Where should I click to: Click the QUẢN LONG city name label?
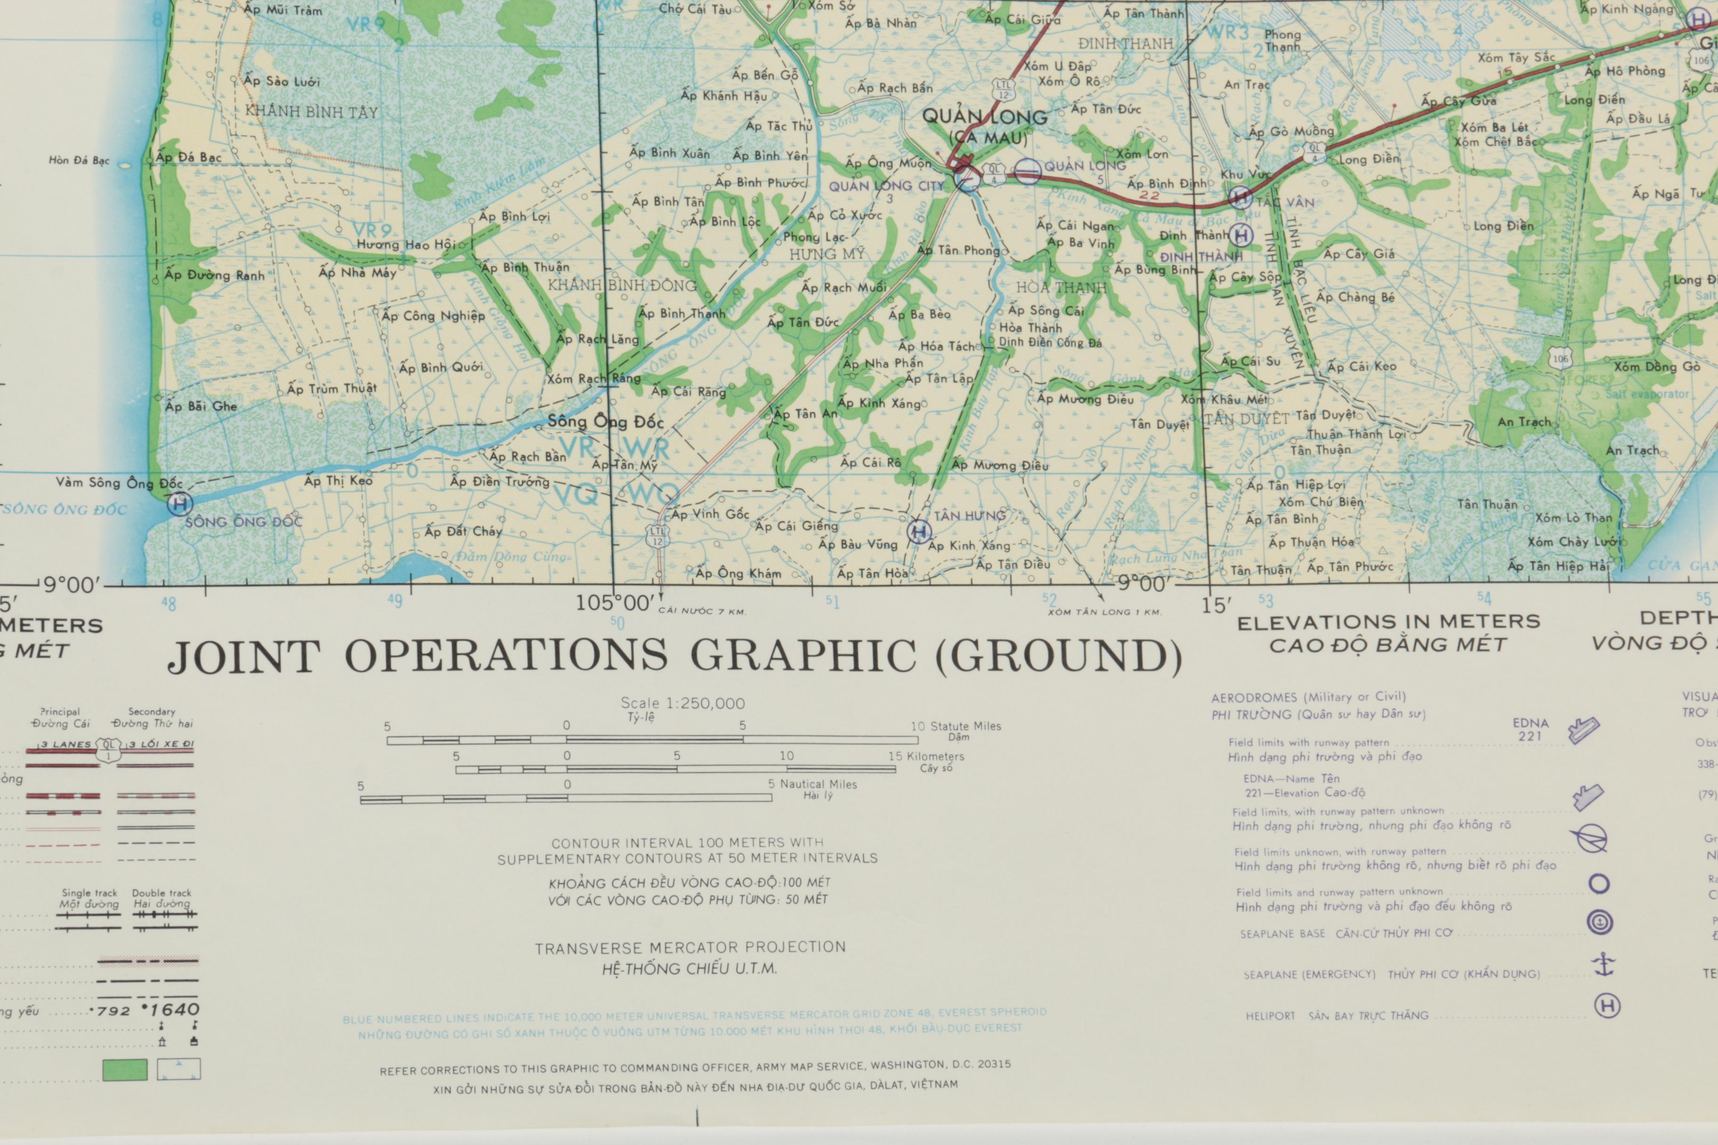click(983, 117)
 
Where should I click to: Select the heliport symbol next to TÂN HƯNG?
click(919, 531)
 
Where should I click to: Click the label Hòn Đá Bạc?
click(79, 160)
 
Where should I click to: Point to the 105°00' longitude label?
click(616, 603)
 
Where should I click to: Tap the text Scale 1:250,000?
click(682, 703)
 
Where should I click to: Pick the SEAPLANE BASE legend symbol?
click(1599, 922)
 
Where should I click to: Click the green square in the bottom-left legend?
click(125, 1070)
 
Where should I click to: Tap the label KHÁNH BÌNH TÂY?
click(311, 112)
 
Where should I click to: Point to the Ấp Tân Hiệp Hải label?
click(1557, 566)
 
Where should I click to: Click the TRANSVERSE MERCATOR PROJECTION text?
click(689, 948)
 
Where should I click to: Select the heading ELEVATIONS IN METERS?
click(1388, 621)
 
